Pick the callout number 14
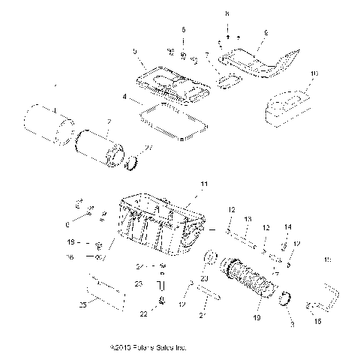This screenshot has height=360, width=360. (x=287, y=226)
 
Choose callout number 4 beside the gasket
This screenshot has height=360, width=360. (x=125, y=97)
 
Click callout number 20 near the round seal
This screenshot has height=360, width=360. (x=204, y=278)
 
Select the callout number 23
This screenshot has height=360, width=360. (x=138, y=283)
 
